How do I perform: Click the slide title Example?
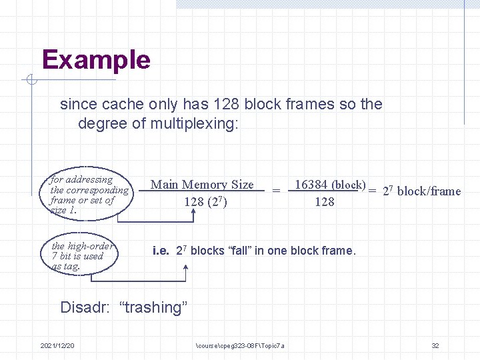pos(96,60)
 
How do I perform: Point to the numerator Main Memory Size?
pos(202,185)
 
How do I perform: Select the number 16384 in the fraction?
pos(311,184)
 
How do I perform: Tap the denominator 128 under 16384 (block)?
pos(324,201)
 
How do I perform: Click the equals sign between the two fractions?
pos(275,191)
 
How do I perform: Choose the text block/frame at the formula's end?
pos(429,191)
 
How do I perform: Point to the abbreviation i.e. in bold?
pos(160,251)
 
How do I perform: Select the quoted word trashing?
pos(153,307)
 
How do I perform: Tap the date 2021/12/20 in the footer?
pos(57,345)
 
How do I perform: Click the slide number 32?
pos(435,345)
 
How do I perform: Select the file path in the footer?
pos(241,345)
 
